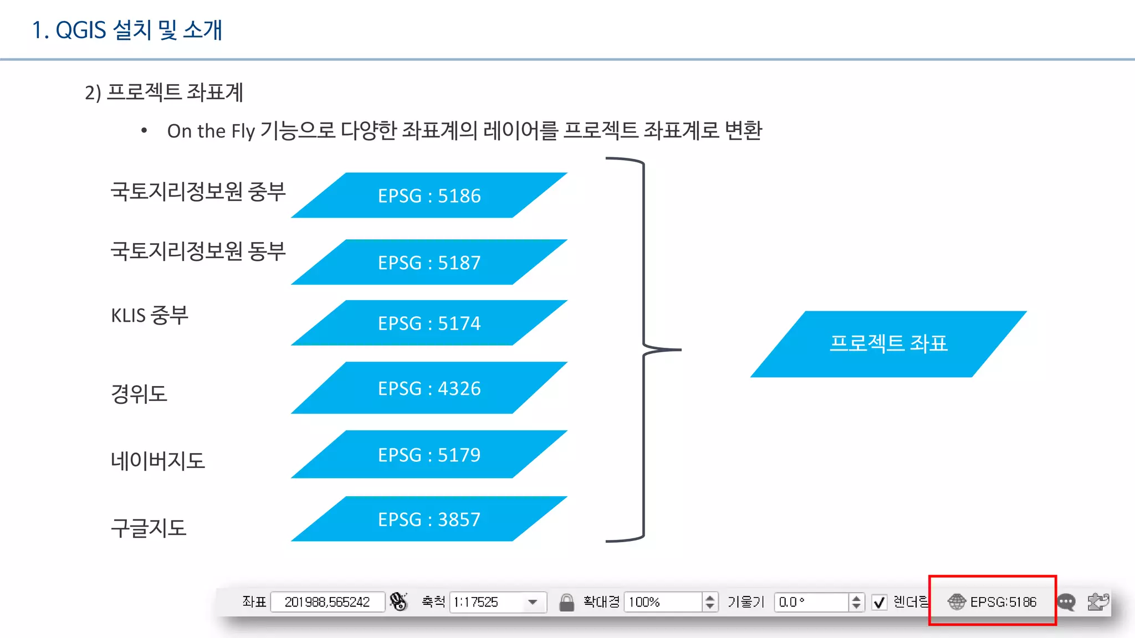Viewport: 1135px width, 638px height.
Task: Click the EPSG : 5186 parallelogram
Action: pyautogui.click(x=429, y=195)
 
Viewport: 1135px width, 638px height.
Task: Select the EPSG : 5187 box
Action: pyautogui.click(x=429, y=263)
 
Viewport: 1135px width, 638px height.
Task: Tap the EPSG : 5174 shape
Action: pyautogui.click(x=429, y=323)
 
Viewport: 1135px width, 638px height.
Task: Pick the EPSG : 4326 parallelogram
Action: pyautogui.click(x=429, y=388)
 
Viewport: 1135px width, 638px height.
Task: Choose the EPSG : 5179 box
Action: pyautogui.click(x=429, y=455)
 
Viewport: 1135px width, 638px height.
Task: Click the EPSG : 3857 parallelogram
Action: pyautogui.click(x=429, y=519)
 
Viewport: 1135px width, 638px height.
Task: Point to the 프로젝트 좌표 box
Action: pyautogui.click(x=888, y=344)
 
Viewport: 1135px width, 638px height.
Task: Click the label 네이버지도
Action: pyautogui.click(x=158, y=461)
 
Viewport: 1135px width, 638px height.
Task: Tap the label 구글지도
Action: pyautogui.click(x=149, y=528)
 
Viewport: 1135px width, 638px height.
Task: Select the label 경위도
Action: pyautogui.click(x=139, y=394)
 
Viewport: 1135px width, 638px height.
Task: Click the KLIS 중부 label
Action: pyautogui.click(x=150, y=315)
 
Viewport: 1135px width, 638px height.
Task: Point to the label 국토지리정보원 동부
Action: pyautogui.click(x=198, y=251)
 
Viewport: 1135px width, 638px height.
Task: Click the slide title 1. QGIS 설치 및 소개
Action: pyautogui.click(x=127, y=30)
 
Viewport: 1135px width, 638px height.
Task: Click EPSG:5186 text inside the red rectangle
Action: pyautogui.click(x=1003, y=602)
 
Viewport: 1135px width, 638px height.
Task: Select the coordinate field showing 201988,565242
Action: pyautogui.click(x=327, y=602)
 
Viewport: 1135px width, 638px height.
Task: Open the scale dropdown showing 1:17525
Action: pyautogui.click(x=533, y=602)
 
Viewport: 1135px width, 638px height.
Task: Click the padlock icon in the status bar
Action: pyautogui.click(x=566, y=602)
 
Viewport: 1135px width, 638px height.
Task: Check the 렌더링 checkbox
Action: pyautogui.click(x=879, y=602)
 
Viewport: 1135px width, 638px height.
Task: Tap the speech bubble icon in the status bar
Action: pyautogui.click(x=1066, y=602)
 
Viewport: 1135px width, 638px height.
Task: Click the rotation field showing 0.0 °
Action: pyautogui.click(x=811, y=602)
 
